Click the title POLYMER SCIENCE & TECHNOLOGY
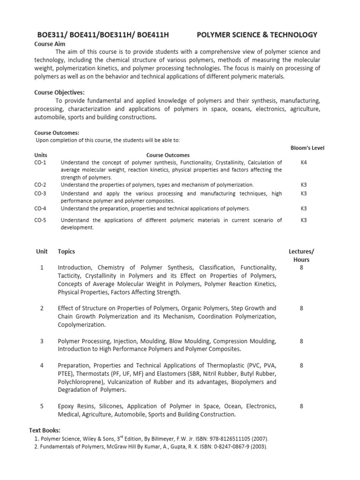257,35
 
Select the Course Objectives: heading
59,92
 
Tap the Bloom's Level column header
307,148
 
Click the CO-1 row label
40,162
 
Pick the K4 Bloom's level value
304,162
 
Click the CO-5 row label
40,220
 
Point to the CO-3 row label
40,193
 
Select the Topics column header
66,251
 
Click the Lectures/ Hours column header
301,255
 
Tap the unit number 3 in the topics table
42,341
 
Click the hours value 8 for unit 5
301,406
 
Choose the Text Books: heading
45,430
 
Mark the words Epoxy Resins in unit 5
75,406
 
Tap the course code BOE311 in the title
51,35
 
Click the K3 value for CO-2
304,185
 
